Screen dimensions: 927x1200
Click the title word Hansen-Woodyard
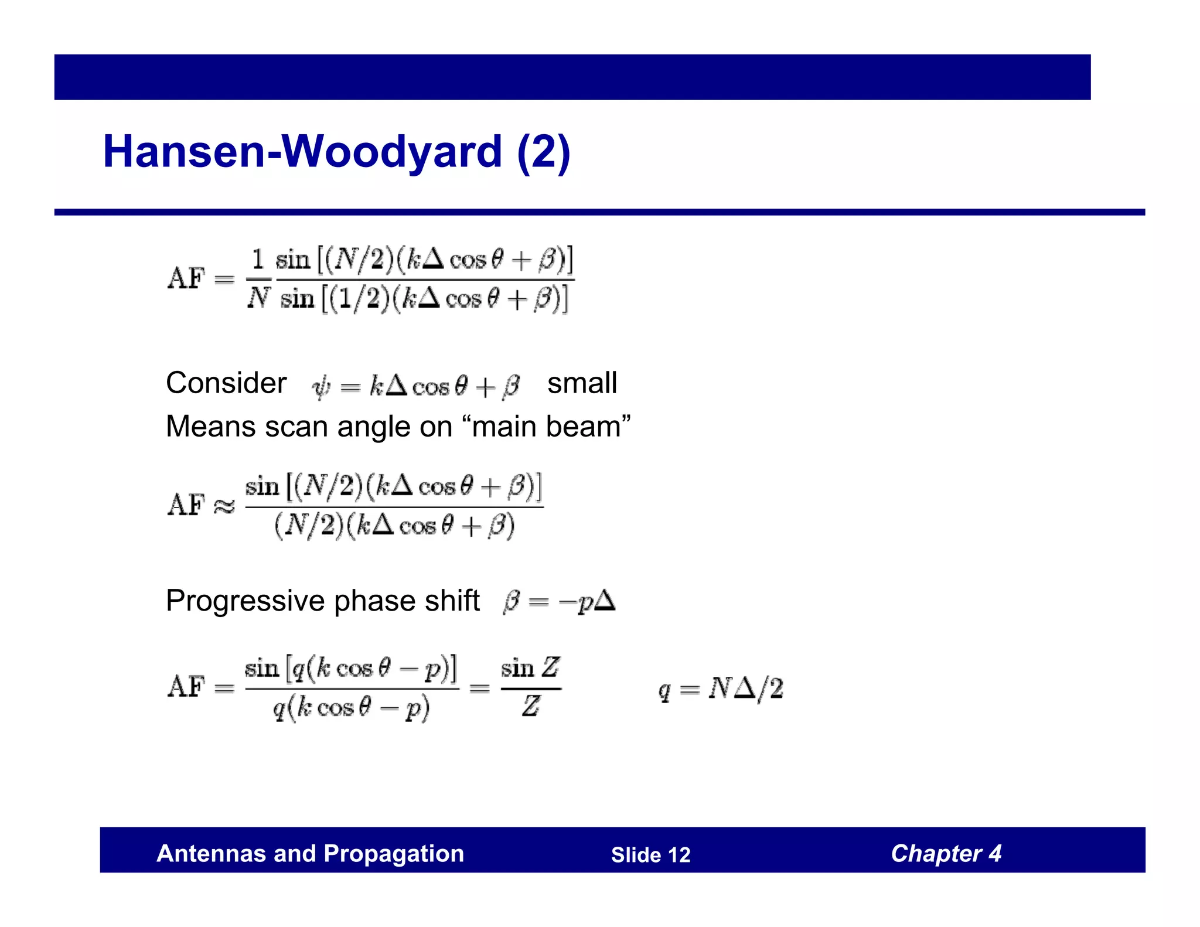point(302,152)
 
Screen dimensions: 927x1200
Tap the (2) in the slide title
point(543,152)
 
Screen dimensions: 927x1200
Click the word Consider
point(226,383)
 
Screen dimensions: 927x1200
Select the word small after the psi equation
point(582,383)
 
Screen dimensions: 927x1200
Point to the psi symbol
point(321,387)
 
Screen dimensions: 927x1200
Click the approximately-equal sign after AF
point(224,506)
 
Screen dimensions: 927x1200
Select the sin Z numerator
point(530,668)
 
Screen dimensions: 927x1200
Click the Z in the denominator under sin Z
point(530,706)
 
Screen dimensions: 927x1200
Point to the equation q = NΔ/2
point(721,689)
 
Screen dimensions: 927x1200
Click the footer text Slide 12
point(650,855)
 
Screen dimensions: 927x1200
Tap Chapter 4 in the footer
point(946,854)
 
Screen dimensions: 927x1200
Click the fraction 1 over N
point(258,279)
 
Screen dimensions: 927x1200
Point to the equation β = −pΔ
point(559,602)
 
